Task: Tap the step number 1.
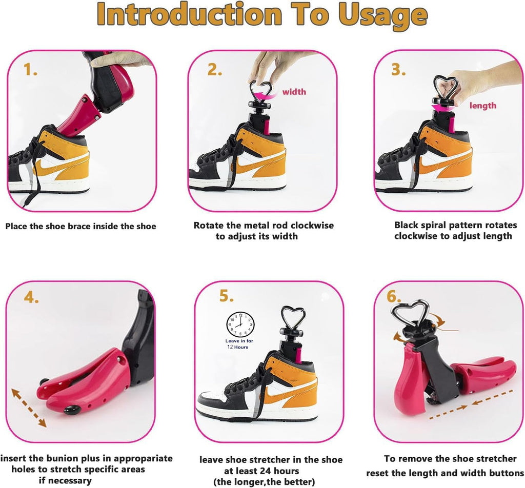click(x=30, y=69)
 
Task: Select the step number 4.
click(x=31, y=297)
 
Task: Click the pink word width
click(x=294, y=92)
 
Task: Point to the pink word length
click(x=483, y=106)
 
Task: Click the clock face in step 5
click(x=240, y=324)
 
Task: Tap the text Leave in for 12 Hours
click(x=239, y=344)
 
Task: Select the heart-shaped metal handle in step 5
click(x=290, y=317)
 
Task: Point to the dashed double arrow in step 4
click(x=29, y=408)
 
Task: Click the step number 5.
click(x=226, y=296)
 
